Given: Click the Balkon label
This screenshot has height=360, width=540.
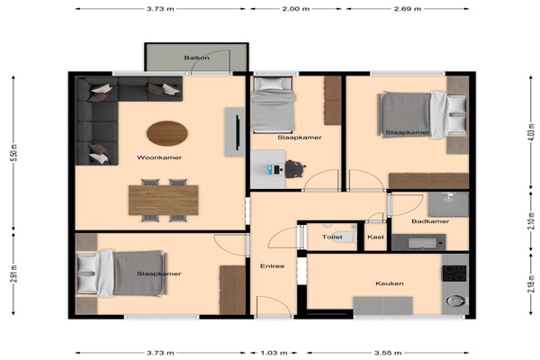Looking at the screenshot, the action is [x=196, y=58].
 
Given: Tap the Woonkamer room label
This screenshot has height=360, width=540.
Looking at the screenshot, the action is [x=159, y=157].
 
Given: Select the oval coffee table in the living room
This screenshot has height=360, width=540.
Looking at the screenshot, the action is [x=167, y=133].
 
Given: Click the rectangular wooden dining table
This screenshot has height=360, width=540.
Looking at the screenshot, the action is [x=164, y=200].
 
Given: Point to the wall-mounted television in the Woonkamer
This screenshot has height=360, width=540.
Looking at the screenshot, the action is [x=238, y=132].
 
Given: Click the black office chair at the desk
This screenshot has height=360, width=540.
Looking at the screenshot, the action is [x=295, y=169].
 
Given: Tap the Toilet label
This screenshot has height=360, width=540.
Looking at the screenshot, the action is [x=332, y=237].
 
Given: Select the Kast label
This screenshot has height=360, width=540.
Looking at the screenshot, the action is [x=375, y=237].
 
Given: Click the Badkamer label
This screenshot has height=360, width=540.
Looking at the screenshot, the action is [x=430, y=221].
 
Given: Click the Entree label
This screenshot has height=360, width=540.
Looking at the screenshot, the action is [x=273, y=266].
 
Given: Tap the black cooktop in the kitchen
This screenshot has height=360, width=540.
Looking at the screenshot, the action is [x=454, y=274].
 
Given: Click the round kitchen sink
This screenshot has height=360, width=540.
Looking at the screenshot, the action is [x=454, y=301].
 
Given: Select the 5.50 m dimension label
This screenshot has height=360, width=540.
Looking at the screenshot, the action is [x=14, y=153].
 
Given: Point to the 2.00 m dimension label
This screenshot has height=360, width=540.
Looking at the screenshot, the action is [x=296, y=9].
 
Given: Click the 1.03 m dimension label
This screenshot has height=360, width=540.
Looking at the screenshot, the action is [x=274, y=353].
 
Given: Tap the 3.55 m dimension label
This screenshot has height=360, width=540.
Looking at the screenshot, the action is [x=388, y=353].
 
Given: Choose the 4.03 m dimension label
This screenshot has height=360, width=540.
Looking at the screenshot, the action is [x=532, y=132].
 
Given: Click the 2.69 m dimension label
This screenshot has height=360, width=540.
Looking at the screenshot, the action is [x=408, y=9].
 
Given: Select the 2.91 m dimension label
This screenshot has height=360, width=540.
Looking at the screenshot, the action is [x=14, y=274].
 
